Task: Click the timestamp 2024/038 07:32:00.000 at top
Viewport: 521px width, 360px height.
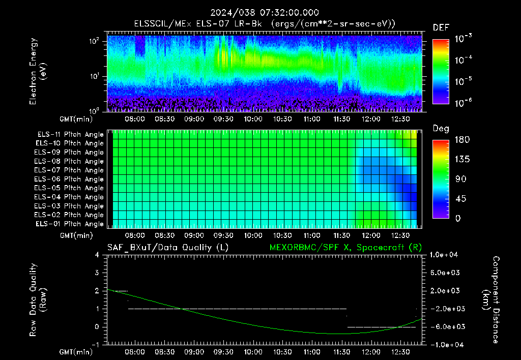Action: (265, 13)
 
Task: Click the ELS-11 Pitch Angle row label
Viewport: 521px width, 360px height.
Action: (70, 135)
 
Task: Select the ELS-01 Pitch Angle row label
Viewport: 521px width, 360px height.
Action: (70, 224)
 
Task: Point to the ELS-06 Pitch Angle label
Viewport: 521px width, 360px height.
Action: (69, 179)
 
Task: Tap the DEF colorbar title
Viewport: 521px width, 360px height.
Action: (441, 28)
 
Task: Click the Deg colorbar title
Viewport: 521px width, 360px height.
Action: (441, 129)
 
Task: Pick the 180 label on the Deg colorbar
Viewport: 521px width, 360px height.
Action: (462, 140)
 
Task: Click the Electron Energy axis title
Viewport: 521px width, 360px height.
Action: (38, 71)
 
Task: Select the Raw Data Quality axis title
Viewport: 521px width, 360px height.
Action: (38, 299)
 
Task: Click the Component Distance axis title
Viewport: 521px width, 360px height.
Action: (490, 299)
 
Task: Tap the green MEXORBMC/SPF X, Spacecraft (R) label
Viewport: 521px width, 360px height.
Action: (345, 248)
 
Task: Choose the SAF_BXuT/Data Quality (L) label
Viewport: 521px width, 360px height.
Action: (168, 248)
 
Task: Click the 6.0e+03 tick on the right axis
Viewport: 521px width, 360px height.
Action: (445, 273)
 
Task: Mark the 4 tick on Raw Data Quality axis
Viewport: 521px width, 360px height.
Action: (97, 255)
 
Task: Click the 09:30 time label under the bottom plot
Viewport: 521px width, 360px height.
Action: (223, 352)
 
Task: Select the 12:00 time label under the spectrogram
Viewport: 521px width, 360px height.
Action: (371, 119)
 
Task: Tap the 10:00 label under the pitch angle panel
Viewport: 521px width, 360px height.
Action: (253, 235)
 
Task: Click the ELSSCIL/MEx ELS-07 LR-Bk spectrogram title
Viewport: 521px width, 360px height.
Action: (198, 24)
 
